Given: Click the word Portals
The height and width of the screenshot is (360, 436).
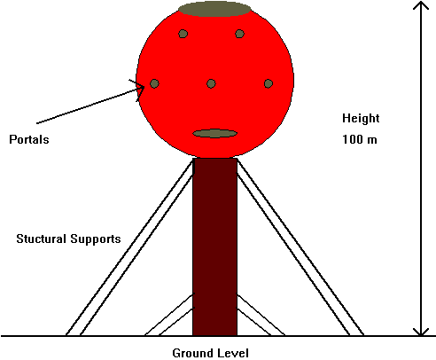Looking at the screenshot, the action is point(29,139).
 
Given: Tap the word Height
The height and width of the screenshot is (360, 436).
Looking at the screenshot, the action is point(361,118).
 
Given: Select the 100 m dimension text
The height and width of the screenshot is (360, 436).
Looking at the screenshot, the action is point(360,139).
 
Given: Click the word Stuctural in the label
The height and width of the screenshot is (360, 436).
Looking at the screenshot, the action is point(41,239).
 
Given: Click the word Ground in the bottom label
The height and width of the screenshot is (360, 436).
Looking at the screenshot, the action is point(191,353).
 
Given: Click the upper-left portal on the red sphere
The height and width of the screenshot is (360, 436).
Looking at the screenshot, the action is point(183,34).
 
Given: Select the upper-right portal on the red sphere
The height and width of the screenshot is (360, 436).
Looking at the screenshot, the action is point(239,34).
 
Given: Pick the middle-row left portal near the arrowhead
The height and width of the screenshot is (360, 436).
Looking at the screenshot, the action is point(154,83).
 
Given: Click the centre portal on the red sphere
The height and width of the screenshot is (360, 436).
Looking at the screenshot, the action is point(211,83).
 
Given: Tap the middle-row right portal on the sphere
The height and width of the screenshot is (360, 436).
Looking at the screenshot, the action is point(269,83).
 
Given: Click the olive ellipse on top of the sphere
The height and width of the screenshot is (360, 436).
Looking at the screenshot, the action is point(214,9).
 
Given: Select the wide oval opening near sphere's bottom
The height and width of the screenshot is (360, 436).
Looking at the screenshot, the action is point(214,133).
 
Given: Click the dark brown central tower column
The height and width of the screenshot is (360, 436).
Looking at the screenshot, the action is point(214,247).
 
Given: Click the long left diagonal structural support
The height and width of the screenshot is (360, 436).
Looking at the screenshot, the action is point(129,247).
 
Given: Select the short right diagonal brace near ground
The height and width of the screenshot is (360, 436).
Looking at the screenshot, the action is point(261,315).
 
